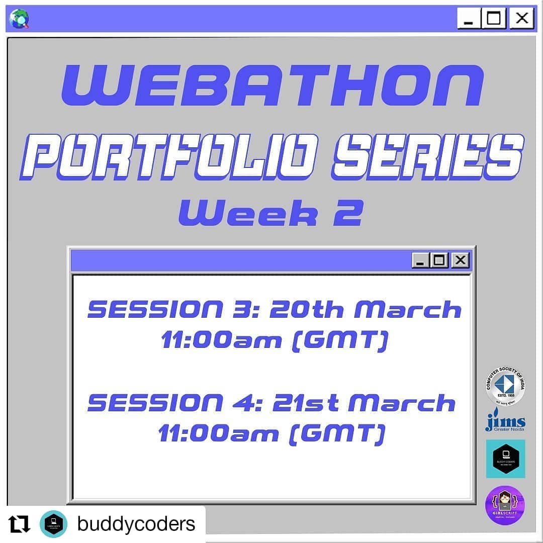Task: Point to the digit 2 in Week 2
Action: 349,213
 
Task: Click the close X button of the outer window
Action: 521,19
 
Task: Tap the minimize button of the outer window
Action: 469,19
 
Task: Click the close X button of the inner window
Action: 460,260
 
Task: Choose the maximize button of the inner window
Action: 440,260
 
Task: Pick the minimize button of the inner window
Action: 421,260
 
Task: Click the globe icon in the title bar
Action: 19,19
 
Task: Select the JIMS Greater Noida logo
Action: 505,422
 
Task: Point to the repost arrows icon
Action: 20,524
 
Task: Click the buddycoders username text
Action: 136,524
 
